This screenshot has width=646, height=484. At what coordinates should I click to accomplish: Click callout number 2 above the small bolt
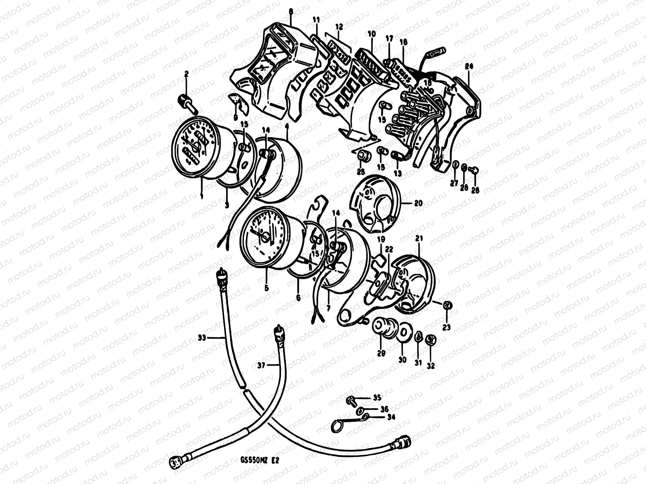[187, 73]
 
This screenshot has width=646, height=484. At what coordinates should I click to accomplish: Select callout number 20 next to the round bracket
[418, 204]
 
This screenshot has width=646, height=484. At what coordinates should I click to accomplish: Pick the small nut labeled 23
[447, 307]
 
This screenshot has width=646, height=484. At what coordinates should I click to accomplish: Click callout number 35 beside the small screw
[376, 398]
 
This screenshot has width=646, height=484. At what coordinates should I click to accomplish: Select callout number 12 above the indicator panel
[339, 27]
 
